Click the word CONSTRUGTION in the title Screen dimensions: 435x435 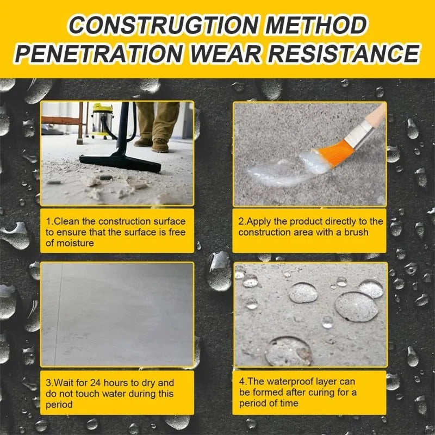(x=158, y=25)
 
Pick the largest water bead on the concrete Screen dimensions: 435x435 (x=357, y=306)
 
